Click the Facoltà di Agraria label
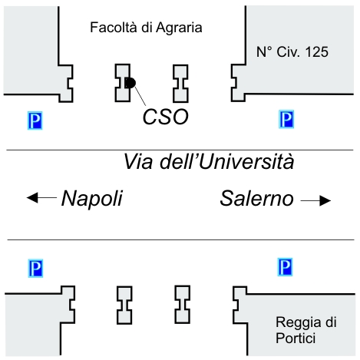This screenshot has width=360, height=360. pyautogui.click(x=146, y=28)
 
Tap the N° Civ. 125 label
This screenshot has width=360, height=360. pyautogui.click(x=292, y=52)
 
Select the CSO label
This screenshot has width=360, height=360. pyautogui.click(x=166, y=117)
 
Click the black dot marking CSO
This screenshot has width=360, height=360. pyautogui.click(x=130, y=83)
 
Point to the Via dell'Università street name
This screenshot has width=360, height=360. pyautogui.click(x=209, y=162)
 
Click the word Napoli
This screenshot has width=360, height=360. pyautogui.click(x=92, y=198)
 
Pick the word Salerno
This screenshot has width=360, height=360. pyautogui.click(x=257, y=198)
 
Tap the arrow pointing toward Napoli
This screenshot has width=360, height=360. pyautogui.click(x=41, y=197)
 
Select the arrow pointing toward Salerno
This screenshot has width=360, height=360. pyautogui.click(x=315, y=200)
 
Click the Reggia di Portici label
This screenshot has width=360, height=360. pyautogui.click(x=306, y=330)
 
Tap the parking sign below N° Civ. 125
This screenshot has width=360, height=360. pyautogui.click(x=286, y=119)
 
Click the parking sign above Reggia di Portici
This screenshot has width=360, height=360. pyautogui.click(x=285, y=267)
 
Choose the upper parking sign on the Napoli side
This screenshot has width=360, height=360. pyautogui.click(x=35, y=121)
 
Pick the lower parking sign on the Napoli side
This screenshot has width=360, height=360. pyautogui.click(x=35, y=269)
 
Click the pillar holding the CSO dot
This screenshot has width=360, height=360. pyautogui.click(x=122, y=83)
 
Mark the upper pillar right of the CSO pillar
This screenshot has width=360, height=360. pyautogui.click(x=181, y=84)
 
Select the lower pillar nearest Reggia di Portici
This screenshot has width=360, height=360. pyautogui.click(x=183, y=305)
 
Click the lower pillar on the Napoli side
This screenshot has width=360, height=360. pyautogui.click(x=124, y=306)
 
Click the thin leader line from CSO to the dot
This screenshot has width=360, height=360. pyautogui.click(x=140, y=96)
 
